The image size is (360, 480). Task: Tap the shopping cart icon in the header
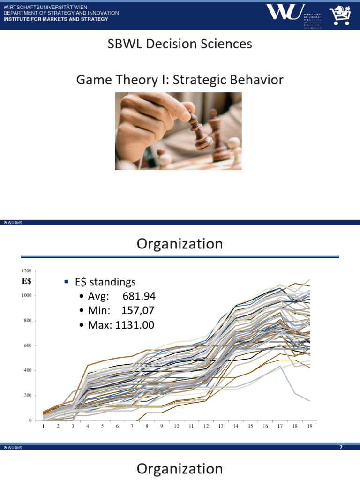[x=340, y=15]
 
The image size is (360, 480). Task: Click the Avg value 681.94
[x=139, y=297]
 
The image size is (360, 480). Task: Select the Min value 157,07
[x=138, y=311]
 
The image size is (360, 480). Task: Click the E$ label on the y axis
[x=27, y=281]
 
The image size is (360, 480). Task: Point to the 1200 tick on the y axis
[x=27, y=271]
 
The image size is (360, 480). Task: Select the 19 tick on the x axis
[x=309, y=427]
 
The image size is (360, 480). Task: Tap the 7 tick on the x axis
[x=132, y=427]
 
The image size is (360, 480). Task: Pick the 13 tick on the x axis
[x=221, y=427]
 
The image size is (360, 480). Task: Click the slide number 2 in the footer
[x=342, y=448]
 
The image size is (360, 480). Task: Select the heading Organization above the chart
[x=180, y=244]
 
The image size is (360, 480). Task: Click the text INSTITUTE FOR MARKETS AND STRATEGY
[x=56, y=19]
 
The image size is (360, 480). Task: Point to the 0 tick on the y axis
[x=30, y=420]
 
